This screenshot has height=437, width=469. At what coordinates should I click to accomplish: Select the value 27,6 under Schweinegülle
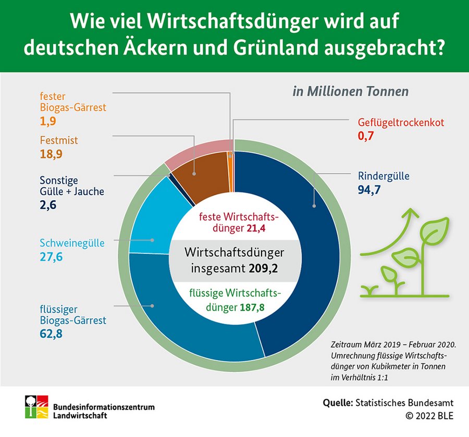[x=51, y=256]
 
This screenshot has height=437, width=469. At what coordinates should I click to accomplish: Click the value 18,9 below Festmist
[x=51, y=154]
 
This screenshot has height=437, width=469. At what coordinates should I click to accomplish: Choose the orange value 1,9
[x=47, y=122]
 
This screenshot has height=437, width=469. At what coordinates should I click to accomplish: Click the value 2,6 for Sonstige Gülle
[x=48, y=205]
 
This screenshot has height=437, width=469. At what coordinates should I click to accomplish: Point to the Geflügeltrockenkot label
[x=401, y=123]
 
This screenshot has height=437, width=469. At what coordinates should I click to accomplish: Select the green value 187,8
[x=252, y=307]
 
